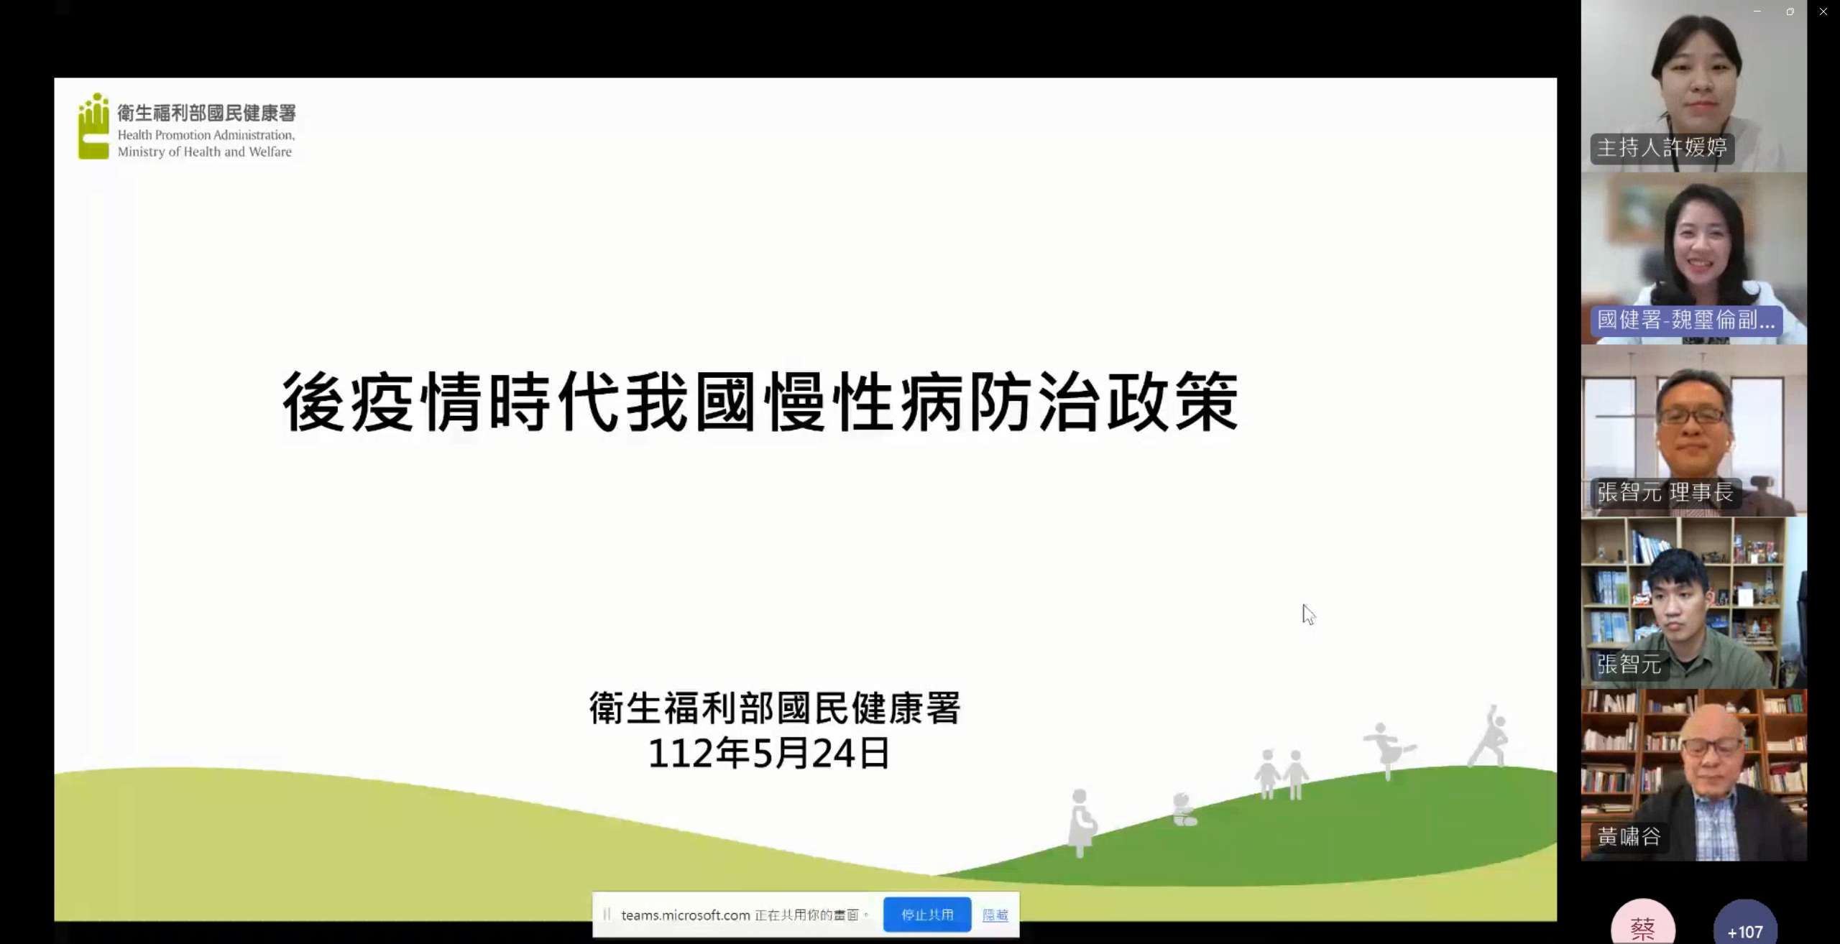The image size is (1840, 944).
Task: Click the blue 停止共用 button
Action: [927, 915]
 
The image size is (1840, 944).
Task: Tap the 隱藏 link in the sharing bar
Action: [995, 915]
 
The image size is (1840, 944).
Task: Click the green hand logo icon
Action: [93, 126]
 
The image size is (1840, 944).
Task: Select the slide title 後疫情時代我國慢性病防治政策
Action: [760, 402]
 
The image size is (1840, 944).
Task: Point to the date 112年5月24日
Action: [769, 754]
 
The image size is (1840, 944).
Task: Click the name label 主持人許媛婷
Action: [1662, 148]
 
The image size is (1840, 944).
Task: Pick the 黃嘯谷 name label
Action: [1629, 836]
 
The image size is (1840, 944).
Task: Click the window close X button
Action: [1823, 11]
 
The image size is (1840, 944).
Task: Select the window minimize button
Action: [1757, 11]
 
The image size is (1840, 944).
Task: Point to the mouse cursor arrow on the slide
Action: [1308, 614]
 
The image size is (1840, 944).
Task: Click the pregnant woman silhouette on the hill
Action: [1081, 823]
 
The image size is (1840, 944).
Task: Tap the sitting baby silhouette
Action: [1184, 810]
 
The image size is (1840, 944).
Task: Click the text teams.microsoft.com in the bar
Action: [686, 915]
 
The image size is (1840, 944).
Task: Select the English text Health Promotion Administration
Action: [206, 135]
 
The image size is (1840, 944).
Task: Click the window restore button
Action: [1790, 11]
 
